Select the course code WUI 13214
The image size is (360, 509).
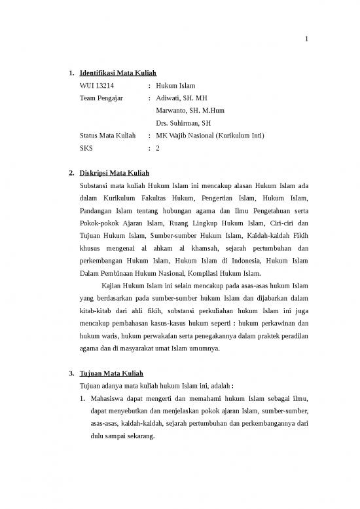tap(96, 86)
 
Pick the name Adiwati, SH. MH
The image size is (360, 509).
tap(177, 98)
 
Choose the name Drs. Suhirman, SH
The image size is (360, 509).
tap(183, 123)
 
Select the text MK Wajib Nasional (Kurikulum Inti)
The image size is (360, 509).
tap(209, 136)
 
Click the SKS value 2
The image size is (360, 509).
tap(158, 148)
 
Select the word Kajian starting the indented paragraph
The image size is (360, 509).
tap(114, 286)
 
